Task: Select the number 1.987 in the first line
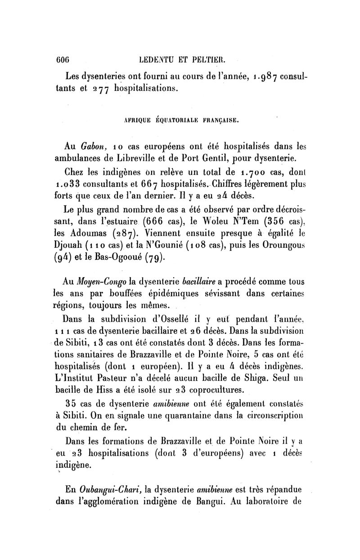pyautogui.click(x=248, y=74)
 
